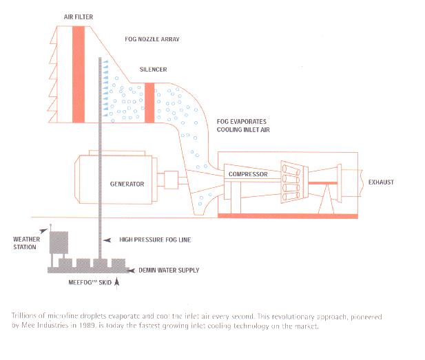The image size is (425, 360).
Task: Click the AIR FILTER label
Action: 79,17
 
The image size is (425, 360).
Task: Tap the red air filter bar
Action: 79,74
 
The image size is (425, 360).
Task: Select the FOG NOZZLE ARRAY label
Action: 152,39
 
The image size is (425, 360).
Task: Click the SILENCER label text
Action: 153,70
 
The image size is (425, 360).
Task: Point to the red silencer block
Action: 149,103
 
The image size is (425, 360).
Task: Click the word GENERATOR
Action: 127,184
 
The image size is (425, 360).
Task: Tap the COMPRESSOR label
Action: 248,174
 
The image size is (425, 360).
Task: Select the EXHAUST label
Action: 381,182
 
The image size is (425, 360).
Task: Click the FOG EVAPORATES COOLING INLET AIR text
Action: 243,125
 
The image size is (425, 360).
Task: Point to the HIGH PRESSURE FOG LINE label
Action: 155,240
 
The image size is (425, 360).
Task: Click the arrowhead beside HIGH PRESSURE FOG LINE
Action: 107,240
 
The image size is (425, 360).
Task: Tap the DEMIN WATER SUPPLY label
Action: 169,270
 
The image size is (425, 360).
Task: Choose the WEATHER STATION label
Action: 26,243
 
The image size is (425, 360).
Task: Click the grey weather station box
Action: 59,242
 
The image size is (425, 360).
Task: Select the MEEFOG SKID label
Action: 90,282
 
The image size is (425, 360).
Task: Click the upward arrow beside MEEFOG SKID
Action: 117,282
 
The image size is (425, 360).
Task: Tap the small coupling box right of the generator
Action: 172,180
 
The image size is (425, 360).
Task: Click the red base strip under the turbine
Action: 288,216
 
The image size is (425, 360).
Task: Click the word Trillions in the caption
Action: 24,315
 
